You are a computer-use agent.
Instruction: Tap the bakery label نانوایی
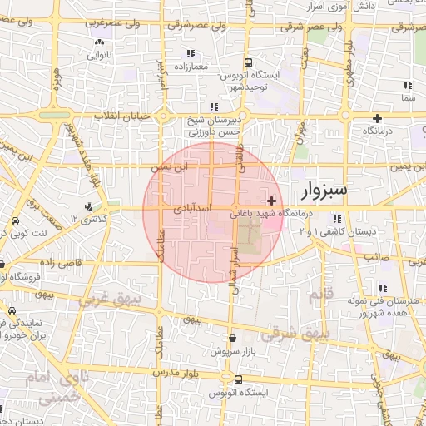98,57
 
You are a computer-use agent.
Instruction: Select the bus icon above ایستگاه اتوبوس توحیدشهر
248,63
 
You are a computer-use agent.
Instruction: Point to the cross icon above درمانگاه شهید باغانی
272,201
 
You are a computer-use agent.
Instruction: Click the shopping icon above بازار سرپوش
231,339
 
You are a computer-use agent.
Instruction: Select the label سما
407,98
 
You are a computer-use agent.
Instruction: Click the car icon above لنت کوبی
16,222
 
